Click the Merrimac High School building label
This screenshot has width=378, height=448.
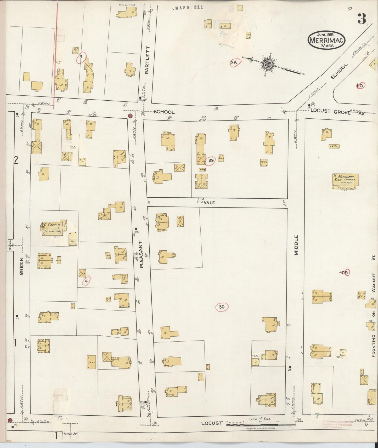coord(346,178)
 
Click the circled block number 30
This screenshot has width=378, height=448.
coord(222,307)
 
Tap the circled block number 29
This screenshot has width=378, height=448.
coord(211,160)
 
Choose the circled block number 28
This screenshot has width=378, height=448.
coord(234,63)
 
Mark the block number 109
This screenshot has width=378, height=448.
coord(344,273)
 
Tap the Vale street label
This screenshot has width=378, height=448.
coord(209,203)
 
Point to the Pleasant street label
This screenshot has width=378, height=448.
coord(142,254)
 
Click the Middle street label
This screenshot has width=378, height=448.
coord(296,245)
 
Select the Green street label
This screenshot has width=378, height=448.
coord(21,266)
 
